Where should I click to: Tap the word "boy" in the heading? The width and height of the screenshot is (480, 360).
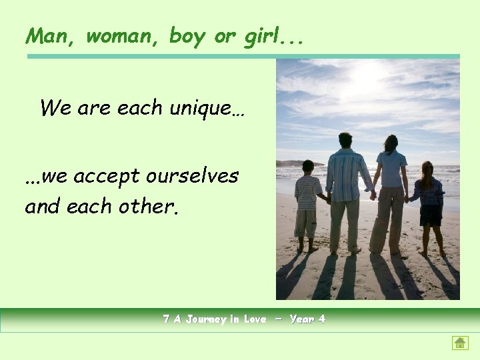187,37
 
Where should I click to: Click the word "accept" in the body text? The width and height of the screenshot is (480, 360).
106,177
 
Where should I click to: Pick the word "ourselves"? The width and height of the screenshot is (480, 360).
193,177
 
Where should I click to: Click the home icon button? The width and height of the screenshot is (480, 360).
459,343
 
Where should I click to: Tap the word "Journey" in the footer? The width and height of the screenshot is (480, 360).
201,319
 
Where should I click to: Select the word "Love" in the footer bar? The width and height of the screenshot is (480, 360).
255,319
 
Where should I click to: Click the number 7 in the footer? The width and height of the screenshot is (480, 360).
167,319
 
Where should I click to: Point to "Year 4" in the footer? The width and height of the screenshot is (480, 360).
308,319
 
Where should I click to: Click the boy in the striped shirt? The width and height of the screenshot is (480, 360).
307,203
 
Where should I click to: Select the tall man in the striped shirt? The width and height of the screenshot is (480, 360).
345,190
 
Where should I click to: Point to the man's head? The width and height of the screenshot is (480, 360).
345,140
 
